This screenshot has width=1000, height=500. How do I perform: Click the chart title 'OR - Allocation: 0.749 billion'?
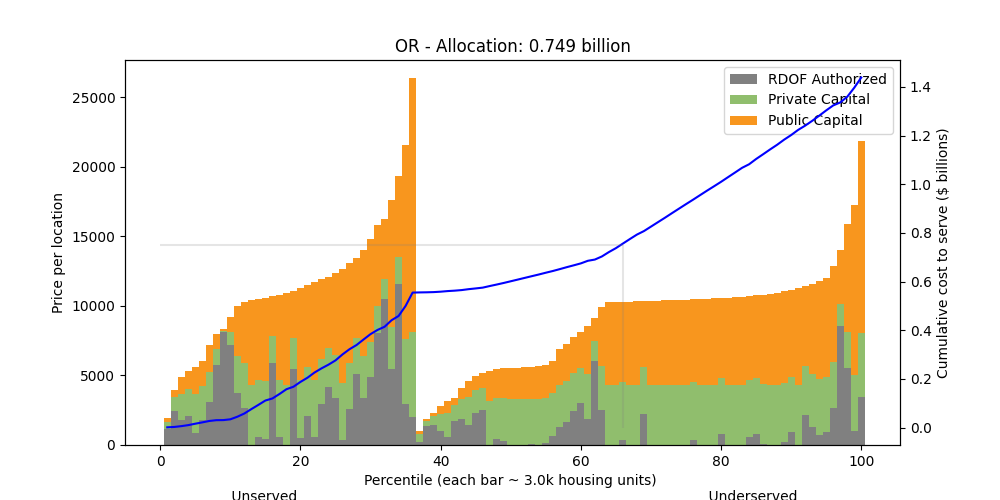click(x=512, y=46)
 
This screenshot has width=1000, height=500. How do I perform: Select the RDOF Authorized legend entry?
click(x=826, y=79)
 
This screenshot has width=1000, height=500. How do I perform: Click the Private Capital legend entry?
click(x=818, y=100)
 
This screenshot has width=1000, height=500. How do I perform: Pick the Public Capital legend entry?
click(x=815, y=121)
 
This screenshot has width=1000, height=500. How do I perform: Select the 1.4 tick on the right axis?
click(x=920, y=88)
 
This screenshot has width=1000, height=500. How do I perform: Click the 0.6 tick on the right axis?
click(x=920, y=282)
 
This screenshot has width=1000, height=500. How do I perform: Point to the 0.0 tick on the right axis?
click(x=920, y=428)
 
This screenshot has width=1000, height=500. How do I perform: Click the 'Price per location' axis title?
click(x=59, y=253)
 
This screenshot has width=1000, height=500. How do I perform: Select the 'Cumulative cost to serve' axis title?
click(x=942, y=253)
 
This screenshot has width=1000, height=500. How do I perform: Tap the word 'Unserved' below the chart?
click(x=264, y=495)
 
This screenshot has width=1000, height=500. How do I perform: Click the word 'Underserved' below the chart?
click(x=753, y=495)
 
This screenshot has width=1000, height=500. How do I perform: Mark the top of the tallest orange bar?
click(x=412, y=79)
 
